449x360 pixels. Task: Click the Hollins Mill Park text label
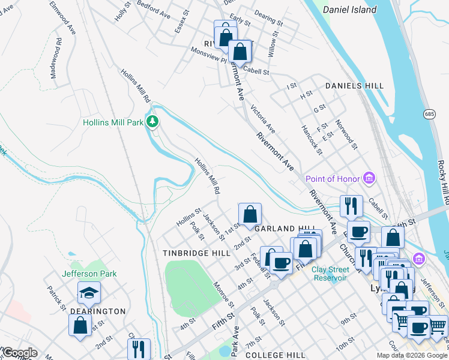click(x=112, y=122)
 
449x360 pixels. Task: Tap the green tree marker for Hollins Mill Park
click(x=153, y=122)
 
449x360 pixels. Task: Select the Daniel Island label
click(x=349, y=10)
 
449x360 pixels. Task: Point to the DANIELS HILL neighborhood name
click(x=354, y=86)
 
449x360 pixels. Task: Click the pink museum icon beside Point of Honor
click(x=370, y=179)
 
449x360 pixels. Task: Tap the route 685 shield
click(x=429, y=113)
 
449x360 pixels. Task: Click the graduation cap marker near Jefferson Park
click(x=89, y=292)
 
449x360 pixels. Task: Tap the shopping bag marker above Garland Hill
click(x=250, y=214)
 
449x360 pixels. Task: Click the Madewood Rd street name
click(x=56, y=59)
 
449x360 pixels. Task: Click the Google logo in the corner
click(x=19, y=353)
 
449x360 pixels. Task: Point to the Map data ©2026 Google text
click(x=412, y=355)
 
